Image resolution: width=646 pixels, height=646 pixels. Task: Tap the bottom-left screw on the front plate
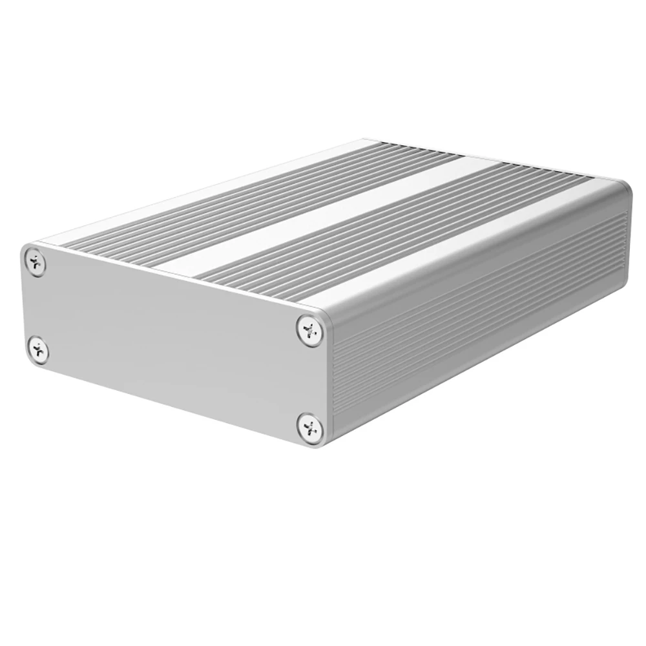coord(39,349)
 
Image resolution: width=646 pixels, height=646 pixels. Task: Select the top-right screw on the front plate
coord(311,329)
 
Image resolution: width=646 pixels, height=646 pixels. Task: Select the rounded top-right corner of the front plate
coord(323,313)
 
